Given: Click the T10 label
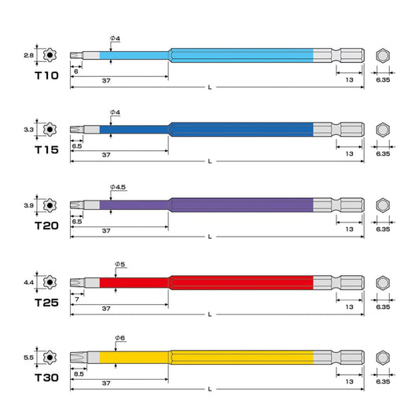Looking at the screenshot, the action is click(x=46, y=75).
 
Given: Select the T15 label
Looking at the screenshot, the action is click(x=46, y=150).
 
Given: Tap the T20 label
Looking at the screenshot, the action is click(x=46, y=226).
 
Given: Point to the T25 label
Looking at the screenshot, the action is click(x=46, y=303).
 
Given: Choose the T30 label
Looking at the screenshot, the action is click(x=46, y=378).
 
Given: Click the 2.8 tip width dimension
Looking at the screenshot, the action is click(x=28, y=55).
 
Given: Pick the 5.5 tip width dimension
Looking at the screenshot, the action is click(x=28, y=358).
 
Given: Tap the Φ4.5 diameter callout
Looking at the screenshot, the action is click(x=118, y=187).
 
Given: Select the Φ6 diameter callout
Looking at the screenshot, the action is click(x=120, y=338).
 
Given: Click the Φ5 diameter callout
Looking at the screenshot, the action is click(x=120, y=264).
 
